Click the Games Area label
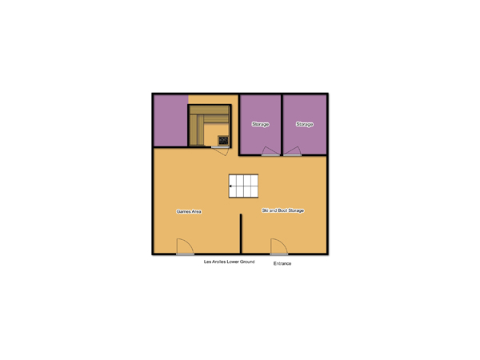(189, 211)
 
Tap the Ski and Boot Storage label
(283, 210)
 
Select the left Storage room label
(261, 124)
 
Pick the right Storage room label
(305, 124)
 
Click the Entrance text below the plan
(282, 263)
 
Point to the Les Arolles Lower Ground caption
(230, 262)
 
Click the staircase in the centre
(243, 186)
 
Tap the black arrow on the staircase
(230, 186)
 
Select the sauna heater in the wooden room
(223, 141)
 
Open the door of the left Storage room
(270, 151)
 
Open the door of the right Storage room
(292, 151)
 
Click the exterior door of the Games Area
(185, 246)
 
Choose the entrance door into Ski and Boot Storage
(279, 246)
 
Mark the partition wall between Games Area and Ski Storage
(241, 234)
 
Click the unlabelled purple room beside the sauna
(170, 121)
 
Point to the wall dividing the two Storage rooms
(282, 125)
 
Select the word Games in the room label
(183, 211)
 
